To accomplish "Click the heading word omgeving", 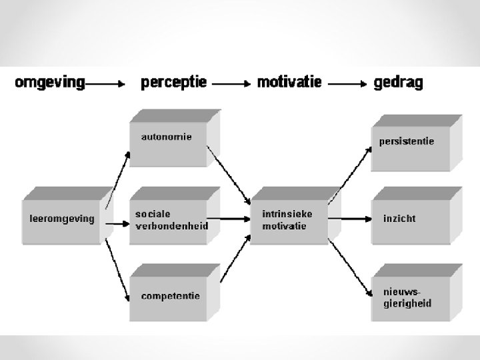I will click(x=50, y=83).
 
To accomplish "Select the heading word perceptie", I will click(x=173, y=83).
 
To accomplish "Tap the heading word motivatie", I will click(x=289, y=83).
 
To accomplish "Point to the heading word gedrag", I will click(x=398, y=83).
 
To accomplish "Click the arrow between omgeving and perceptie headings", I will click(x=106, y=85).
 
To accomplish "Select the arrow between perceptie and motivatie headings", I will click(x=231, y=85).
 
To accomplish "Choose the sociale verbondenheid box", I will click(x=171, y=220).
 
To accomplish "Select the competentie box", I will click(x=171, y=296).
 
